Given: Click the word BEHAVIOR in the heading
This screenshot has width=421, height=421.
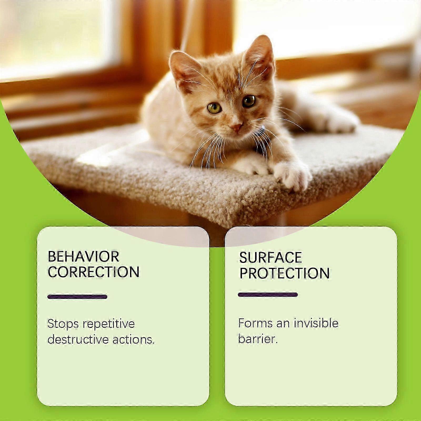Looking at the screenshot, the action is pos(83,257).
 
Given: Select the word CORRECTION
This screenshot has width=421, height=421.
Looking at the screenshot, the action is pos(93,272).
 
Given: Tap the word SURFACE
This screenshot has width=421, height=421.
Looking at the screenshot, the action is pos(270,258).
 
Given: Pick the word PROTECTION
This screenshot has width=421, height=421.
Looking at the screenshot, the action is pos(284,273).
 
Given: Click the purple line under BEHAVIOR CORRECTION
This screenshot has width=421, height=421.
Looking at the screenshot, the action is pos(77,297).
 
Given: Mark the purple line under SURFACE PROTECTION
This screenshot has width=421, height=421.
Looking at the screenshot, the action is pos(268,295).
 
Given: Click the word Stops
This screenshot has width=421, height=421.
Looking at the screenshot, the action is pos(63,324).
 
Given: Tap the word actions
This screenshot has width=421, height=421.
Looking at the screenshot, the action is pos(134,340).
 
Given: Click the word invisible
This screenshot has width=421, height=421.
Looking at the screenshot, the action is pos(316,323).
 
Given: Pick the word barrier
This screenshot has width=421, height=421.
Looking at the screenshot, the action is pos(258,339).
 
